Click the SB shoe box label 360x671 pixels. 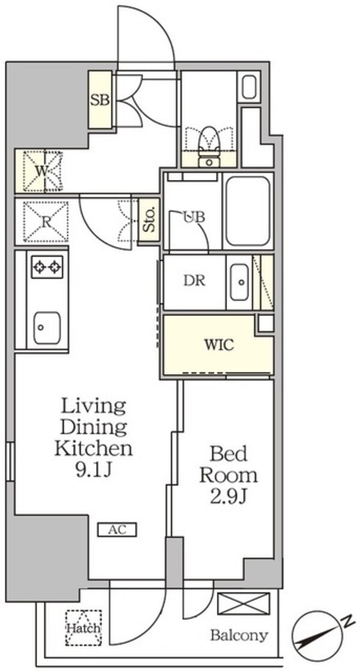click(x=100, y=100)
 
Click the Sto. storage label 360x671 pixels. click(x=149, y=221)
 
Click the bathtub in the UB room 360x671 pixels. click(x=247, y=211)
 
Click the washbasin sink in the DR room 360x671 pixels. click(x=240, y=282)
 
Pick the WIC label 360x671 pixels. click(x=219, y=344)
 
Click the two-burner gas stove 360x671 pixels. click(x=47, y=267)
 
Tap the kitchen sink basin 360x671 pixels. click(x=47, y=328)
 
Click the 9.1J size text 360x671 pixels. click(x=94, y=470)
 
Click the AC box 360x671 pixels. click(x=117, y=529)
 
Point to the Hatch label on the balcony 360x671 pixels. click(x=83, y=628)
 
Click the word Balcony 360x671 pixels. click(x=239, y=636)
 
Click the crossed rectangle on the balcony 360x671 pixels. click(x=244, y=604)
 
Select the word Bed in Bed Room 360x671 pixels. click(x=229, y=453)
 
